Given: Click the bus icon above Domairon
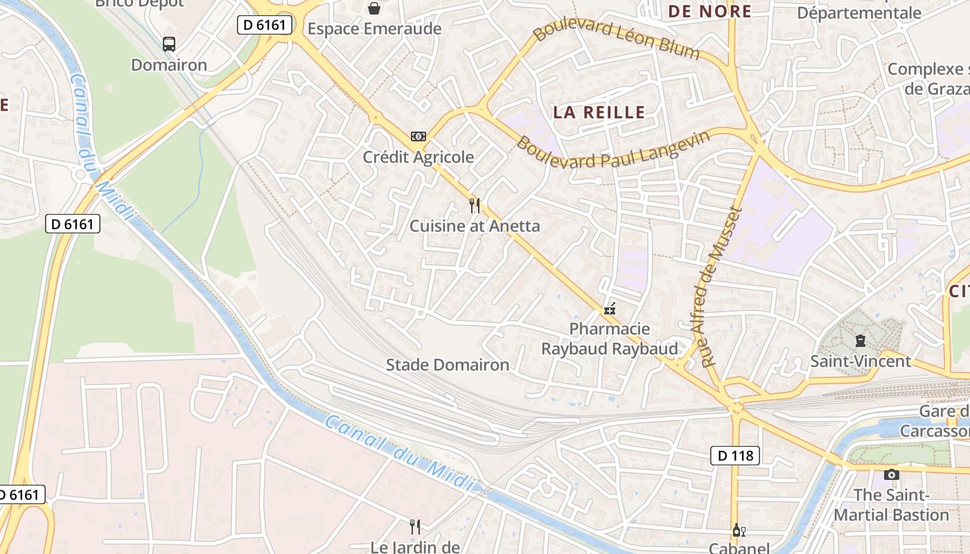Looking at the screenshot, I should point(169,44).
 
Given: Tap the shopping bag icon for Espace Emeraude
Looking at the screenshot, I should point(374,8).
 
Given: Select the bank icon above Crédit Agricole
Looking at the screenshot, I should point(418,136).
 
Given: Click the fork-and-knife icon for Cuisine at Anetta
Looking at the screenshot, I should point(475,205).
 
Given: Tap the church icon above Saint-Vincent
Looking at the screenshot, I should point(861,340).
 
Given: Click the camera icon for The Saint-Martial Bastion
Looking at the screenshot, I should point(892,474).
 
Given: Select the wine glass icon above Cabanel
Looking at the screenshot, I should point(739,530).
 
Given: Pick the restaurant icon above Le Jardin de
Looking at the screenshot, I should point(415,527).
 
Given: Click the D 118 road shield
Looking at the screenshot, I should point(735,456).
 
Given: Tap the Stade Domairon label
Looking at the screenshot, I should point(448,365).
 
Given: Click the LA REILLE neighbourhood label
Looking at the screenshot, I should point(599,112).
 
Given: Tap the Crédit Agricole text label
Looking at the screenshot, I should point(418,157).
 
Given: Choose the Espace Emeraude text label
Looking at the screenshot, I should point(374,29).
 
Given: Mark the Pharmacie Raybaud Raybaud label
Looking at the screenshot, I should point(610,339).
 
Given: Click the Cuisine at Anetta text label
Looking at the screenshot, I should point(475,226).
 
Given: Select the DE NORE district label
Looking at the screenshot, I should point(709,11).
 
